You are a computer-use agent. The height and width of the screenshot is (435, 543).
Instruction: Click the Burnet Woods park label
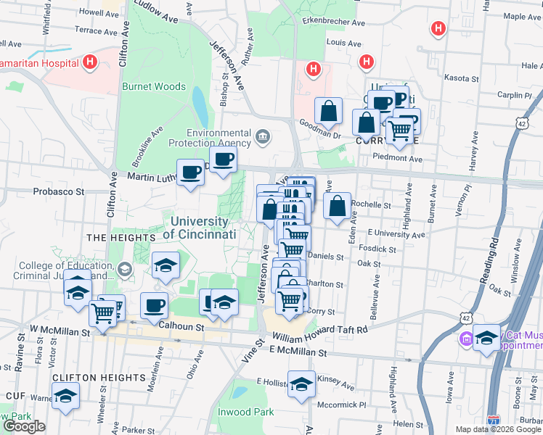point(154,86)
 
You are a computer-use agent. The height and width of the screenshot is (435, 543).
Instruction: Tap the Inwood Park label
point(245,412)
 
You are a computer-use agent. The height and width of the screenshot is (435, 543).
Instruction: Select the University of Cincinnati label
point(200,228)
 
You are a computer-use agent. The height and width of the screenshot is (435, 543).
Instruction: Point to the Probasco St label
point(59,193)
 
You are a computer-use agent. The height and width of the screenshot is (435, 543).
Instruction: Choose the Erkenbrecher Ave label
point(333,22)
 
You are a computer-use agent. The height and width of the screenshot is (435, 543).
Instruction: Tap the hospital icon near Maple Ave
point(438,29)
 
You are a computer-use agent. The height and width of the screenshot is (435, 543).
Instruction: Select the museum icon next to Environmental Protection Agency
point(262,136)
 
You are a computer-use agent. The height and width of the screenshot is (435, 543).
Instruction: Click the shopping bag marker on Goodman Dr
point(329,112)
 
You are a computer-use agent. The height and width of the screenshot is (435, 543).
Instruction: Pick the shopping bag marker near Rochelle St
point(338,206)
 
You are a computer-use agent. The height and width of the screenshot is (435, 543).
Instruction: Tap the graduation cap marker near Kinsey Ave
point(301,384)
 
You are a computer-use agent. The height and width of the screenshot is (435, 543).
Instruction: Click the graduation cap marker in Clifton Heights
point(65,396)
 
